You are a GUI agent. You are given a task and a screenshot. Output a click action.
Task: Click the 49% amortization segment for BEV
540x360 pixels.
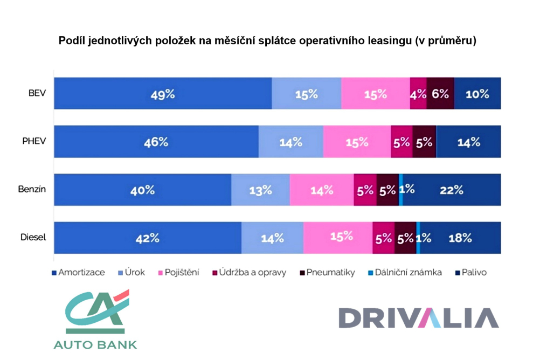pos(163,94)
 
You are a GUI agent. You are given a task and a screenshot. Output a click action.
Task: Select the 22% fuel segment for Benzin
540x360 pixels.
pos(452,190)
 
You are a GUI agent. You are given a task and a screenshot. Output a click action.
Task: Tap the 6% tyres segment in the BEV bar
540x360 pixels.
pos(440,94)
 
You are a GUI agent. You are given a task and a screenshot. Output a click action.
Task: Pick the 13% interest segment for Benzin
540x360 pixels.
pos(260,190)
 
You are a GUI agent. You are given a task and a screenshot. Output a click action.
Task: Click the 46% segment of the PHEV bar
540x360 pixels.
pos(156,142)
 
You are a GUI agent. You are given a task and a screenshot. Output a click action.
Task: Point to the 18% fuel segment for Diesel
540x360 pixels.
pos(461,238)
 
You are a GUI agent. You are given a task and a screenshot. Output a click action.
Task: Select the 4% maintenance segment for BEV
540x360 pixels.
pos(418,94)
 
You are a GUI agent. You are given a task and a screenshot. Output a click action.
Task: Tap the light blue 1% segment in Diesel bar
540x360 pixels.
pos(418,238)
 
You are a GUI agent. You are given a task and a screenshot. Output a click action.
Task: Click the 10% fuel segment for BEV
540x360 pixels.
pos(477,94)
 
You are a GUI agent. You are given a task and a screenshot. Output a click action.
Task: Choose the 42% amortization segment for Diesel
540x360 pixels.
pos(148,238)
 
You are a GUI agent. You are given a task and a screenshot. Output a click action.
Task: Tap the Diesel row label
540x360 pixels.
pos(34,238)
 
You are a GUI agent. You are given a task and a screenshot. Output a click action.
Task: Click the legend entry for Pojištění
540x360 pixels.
pos(178,273)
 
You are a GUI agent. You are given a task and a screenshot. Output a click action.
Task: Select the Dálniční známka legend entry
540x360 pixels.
pos(410,273)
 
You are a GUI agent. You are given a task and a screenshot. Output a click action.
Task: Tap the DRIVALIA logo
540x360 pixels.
pos(418,318)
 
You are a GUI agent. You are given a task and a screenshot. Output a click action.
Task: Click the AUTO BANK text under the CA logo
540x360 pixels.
pos(95,344)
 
